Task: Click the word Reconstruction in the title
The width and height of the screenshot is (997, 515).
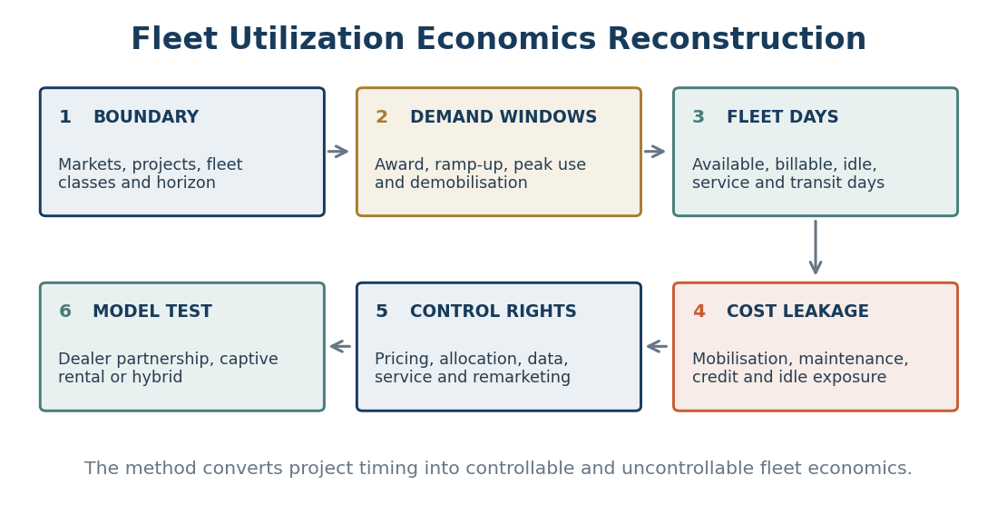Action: [737, 39]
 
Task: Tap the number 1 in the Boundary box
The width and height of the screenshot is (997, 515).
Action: [64, 117]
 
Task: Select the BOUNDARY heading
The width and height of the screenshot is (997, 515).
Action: [146, 117]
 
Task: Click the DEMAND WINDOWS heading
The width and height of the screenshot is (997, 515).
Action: [503, 117]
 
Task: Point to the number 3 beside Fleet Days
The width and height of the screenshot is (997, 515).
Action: [699, 117]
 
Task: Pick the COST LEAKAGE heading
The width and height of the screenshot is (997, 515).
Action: [797, 312]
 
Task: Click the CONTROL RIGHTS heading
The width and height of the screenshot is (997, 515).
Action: [494, 312]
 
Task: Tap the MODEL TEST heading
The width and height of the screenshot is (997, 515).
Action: [152, 312]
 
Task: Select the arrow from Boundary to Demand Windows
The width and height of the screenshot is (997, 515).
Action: [338, 152]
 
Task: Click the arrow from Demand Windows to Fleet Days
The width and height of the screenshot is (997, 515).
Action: [654, 152]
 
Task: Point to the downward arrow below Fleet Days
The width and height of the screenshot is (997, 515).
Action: [816, 248]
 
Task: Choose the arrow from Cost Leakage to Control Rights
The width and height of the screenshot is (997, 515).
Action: [657, 346]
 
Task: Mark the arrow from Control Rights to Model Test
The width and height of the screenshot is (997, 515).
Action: [340, 346]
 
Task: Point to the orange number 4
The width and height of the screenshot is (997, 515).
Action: [699, 312]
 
